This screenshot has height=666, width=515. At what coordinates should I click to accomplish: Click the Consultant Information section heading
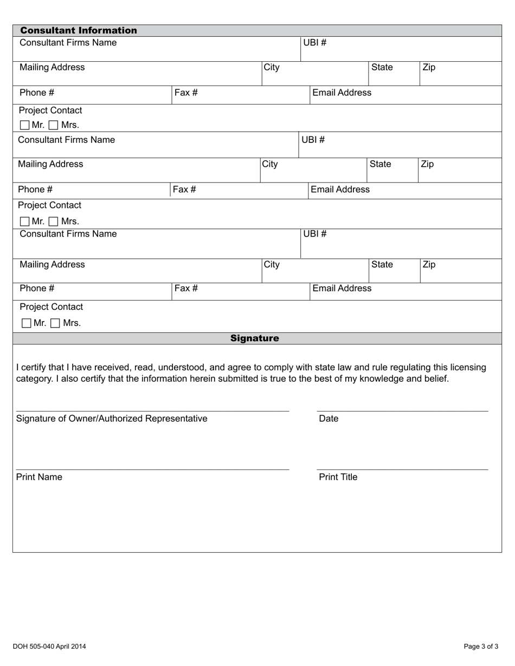pyautogui.click(x=79, y=30)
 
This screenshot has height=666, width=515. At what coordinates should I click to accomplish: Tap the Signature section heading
pyautogui.click(x=254, y=338)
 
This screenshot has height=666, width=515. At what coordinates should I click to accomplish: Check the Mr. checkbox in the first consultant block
pyautogui.click(x=25, y=125)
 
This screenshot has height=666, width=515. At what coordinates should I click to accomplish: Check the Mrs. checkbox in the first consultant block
pyautogui.click(x=53, y=125)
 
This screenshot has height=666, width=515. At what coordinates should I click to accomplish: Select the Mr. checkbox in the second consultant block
pyautogui.click(x=25, y=221)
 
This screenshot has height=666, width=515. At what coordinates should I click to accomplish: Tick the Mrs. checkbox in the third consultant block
pyautogui.click(x=55, y=323)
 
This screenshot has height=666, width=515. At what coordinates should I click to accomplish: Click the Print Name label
pyautogui.click(x=39, y=477)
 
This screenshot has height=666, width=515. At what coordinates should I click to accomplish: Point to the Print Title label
pyautogui.click(x=338, y=477)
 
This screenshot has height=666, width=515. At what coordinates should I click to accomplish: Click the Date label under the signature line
pyautogui.click(x=329, y=419)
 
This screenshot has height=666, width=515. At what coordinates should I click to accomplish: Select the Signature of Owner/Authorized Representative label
pyautogui.click(x=112, y=419)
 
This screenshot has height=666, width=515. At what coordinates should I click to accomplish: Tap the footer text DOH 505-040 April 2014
pyautogui.click(x=49, y=646)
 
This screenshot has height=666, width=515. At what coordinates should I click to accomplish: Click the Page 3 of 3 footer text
pyautogui.click(x=481, y=646)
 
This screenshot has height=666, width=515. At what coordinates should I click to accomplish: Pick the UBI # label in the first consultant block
pyautogui.click(x=314, y=43)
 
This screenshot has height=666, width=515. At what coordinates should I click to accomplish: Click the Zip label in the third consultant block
pyautogui.click(x=428, y=265)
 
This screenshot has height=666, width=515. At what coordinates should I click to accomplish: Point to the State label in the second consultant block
pyautogui.click(x=380, y=164)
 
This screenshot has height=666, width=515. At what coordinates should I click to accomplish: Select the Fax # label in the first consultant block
pyautogui.click(x=185, y=93)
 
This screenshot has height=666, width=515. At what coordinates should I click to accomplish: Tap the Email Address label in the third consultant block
pyautogui.click(x=342, y=288)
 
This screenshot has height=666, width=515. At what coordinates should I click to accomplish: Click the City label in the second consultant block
pyautogui.click(x=270, y=164)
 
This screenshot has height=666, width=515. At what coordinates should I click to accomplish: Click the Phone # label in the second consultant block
pyautogui.click(x=35, y=190)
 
